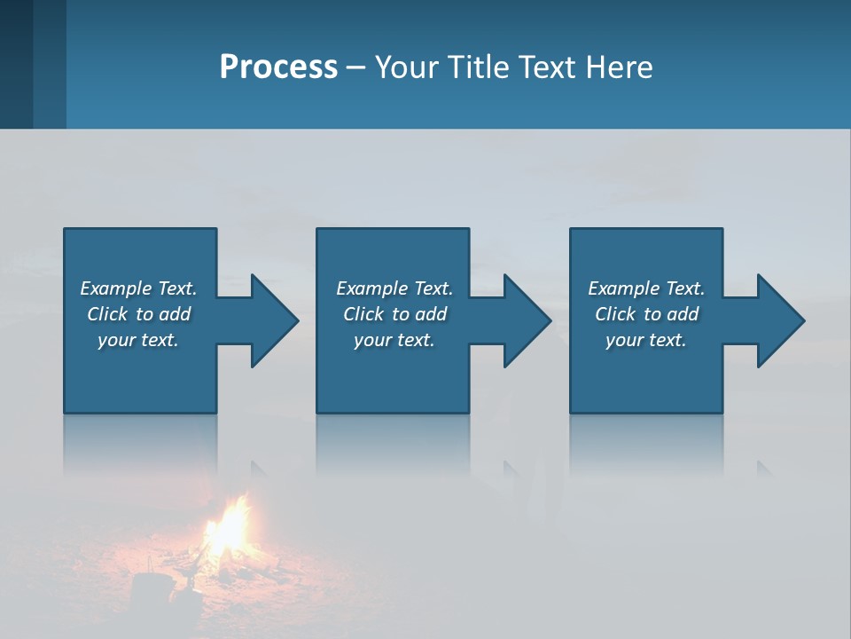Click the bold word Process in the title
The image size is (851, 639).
(278, 67)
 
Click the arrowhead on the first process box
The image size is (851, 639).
(273, 320)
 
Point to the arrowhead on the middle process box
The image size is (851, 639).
(526, 320)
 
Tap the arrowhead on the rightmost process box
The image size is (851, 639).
(779, 320)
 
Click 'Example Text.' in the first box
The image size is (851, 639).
(138, 288)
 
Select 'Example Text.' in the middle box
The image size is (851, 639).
(394, 288)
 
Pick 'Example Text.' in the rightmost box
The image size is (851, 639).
(646, 288)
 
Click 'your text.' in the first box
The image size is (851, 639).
(138, 340)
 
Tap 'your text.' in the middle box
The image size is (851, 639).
(394, 340)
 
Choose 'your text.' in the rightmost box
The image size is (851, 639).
(646, 340)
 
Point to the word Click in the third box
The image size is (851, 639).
(616, 314)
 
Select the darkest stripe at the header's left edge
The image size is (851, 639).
(16, 64)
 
